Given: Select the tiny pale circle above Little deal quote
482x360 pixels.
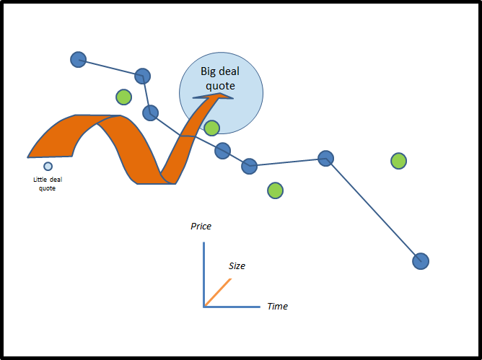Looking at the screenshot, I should pos(48,166).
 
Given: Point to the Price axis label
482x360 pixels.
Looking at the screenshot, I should pos(201,226).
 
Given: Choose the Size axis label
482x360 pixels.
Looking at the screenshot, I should pos(237,265).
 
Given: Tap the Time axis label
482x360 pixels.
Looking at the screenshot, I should pos(277,306).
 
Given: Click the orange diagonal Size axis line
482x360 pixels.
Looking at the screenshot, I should pos(218,292).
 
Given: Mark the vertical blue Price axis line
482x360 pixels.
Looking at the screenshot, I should pos(204,274).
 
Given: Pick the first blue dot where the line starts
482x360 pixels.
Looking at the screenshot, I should pos(79,59).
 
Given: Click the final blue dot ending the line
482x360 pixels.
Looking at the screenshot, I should pos(421,260).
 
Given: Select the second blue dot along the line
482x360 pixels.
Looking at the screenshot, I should pos(142,76).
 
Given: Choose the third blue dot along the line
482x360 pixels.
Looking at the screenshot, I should pos(150,113).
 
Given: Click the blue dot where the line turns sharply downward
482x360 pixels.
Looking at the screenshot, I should pos(326,158).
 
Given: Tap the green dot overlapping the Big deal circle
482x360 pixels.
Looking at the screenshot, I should pos(211,128).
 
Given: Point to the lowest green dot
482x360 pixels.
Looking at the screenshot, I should pos(275,190).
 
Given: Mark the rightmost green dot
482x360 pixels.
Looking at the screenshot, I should pos(398,161).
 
